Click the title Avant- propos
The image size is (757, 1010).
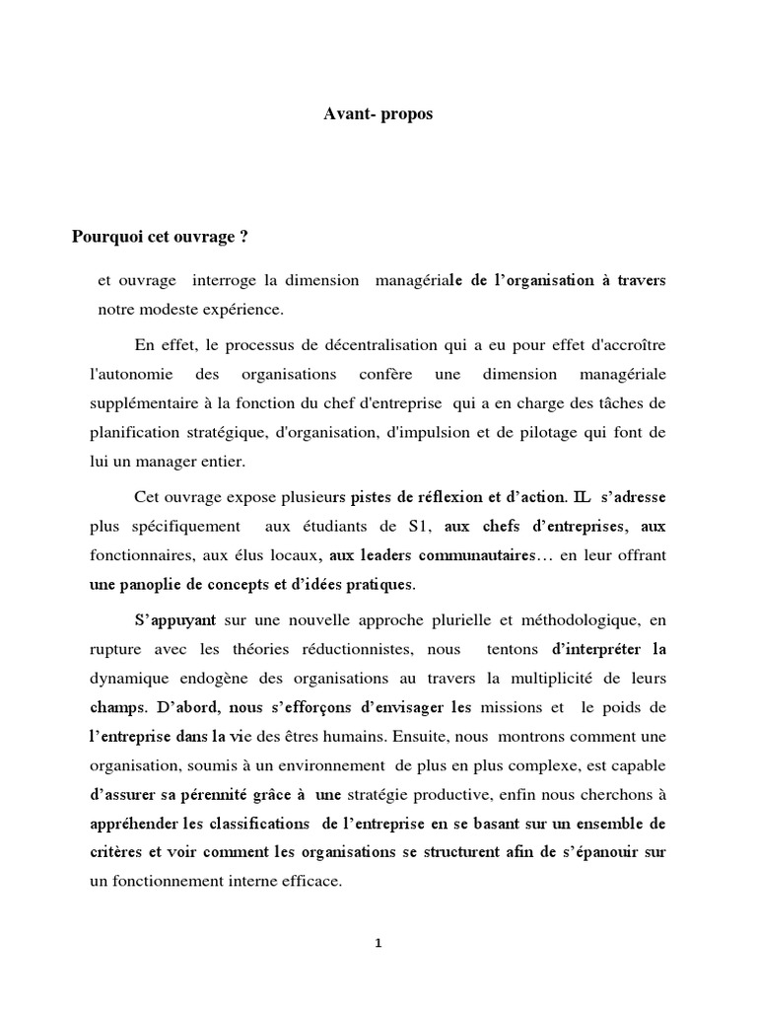click(378, 114)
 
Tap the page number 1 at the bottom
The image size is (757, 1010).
click(378, 943)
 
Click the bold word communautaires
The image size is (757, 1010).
click(468, 555)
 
